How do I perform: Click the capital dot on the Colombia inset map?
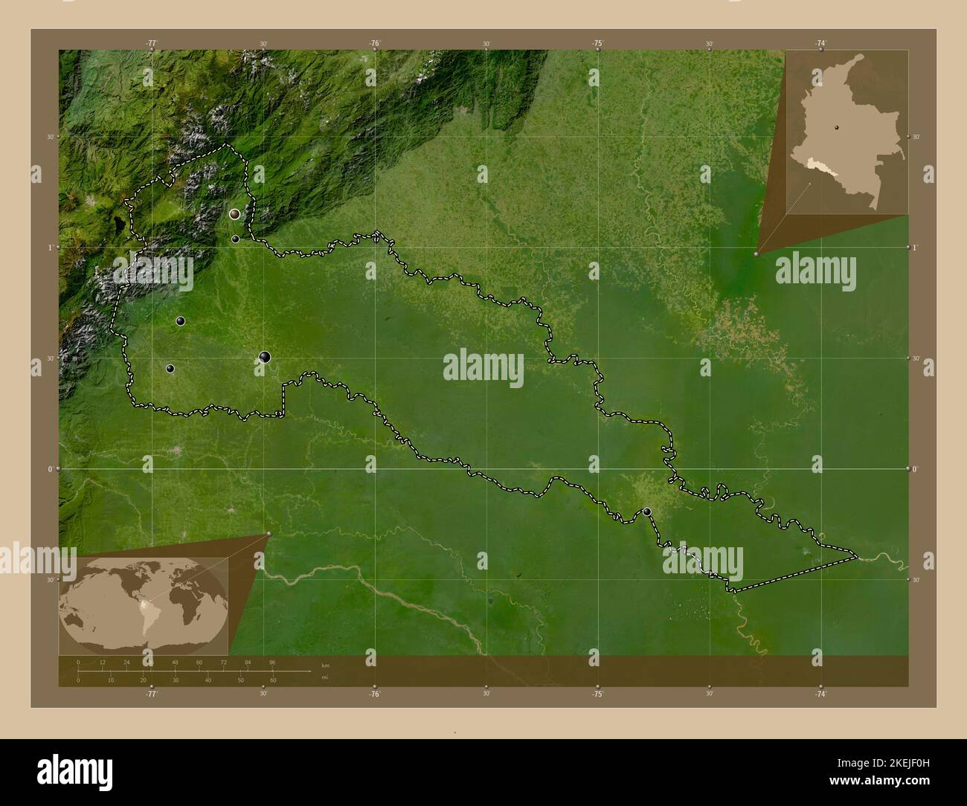pyautogui.click(x=835, y=127)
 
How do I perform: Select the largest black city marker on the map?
pyautogui.click(x=265, y=358)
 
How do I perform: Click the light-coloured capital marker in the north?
pyautogui.click(x=235, y=214)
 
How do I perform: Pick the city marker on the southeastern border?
pyautogui.click(x=647, y=512)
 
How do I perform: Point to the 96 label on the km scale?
pyautogui.click(x=272, y=662)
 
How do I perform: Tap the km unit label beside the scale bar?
pyautogui.click(x=325, y=665)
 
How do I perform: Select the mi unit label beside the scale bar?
pyautogui.click(x=324, y=677)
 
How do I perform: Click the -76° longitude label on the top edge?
pyautogui.click(x=375, y=44)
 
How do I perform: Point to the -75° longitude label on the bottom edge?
pyautogui.click(x=597, y=694)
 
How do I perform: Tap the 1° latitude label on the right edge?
pyautogui.click(x=916, y=247)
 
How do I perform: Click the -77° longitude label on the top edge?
pyautogui.click(x=152, y=44)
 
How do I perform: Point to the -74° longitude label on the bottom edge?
pyautogui.click(x=820, y=694)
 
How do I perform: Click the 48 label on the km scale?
pyautogui.click(x=175, y=662)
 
